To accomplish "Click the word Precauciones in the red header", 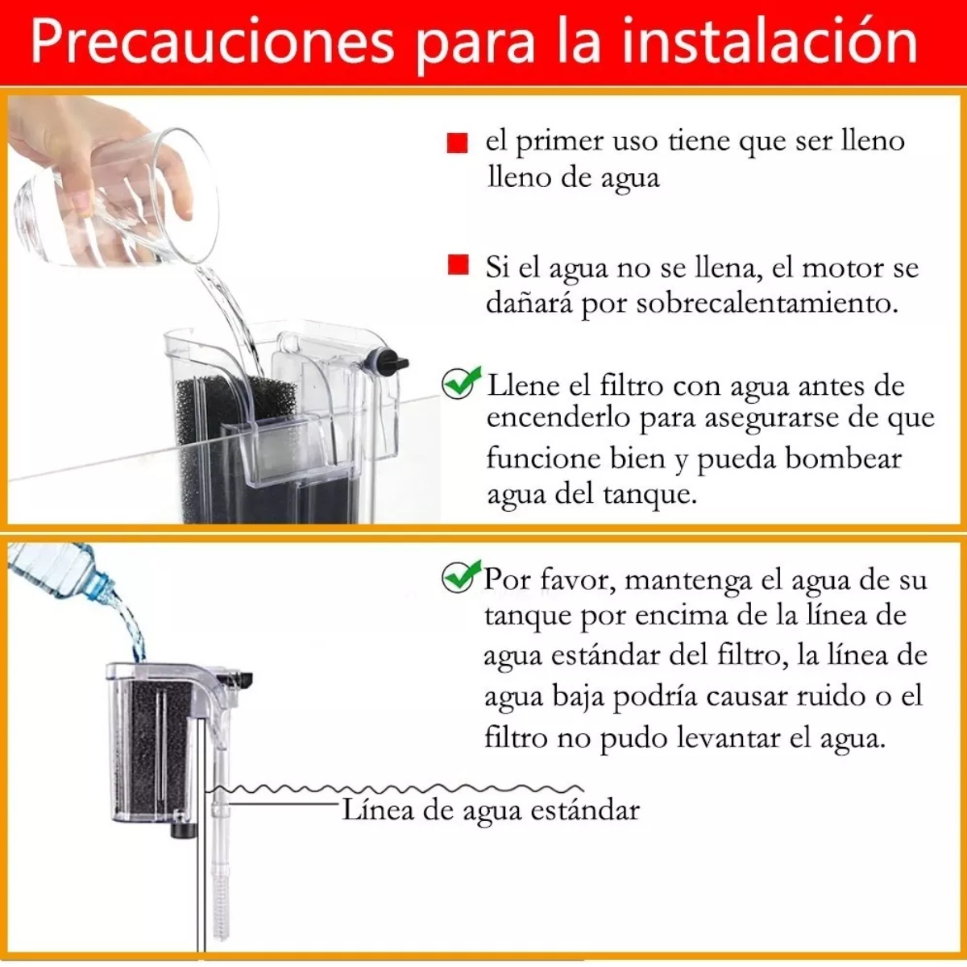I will click(213, 42).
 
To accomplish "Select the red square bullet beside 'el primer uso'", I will click(457, 143).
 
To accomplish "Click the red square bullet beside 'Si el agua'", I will click(458, 265).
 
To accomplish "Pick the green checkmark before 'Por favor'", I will click(461, 576).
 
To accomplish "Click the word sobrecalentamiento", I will click(766, 304).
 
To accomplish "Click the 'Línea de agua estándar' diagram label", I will click(491, 809).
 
